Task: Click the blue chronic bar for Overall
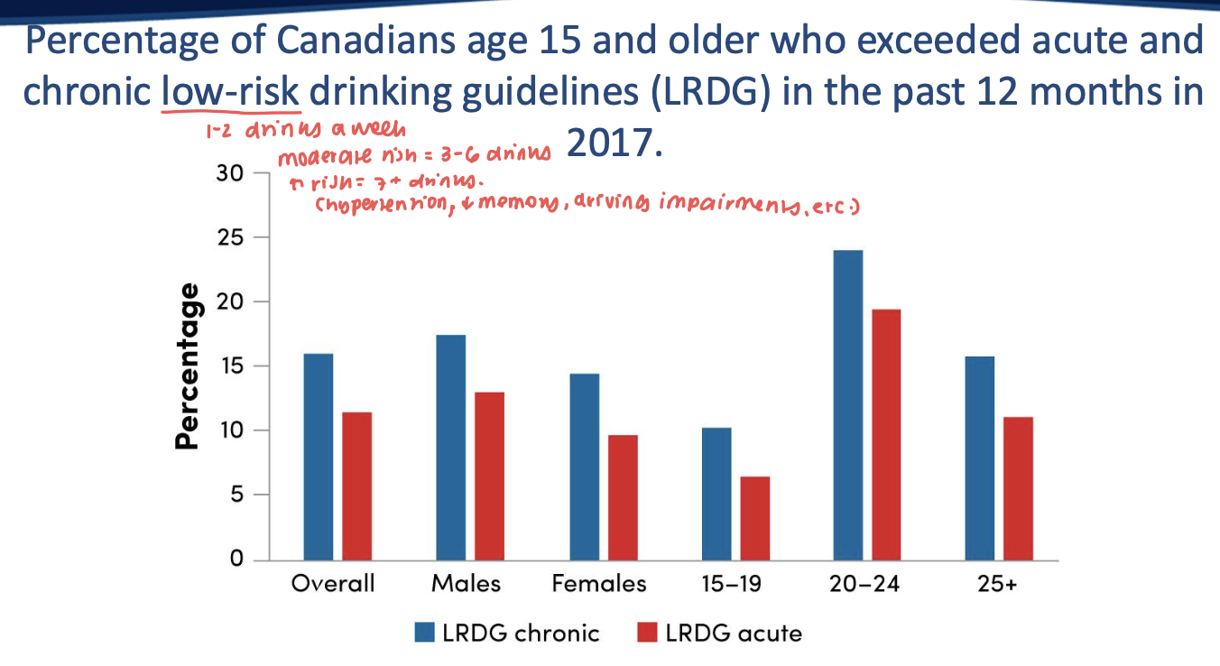(319, 457)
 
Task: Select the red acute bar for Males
(488, 476)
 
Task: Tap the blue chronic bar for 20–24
(847, 404)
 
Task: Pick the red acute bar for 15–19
(754, 518)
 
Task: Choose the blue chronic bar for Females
(584, 467)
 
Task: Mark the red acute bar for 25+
(1018, 488)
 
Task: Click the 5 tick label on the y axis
(237, 495)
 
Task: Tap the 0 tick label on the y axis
(237, 560)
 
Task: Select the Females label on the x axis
(599, 584)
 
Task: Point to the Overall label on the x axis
(332, 584)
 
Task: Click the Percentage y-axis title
(187, 365)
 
